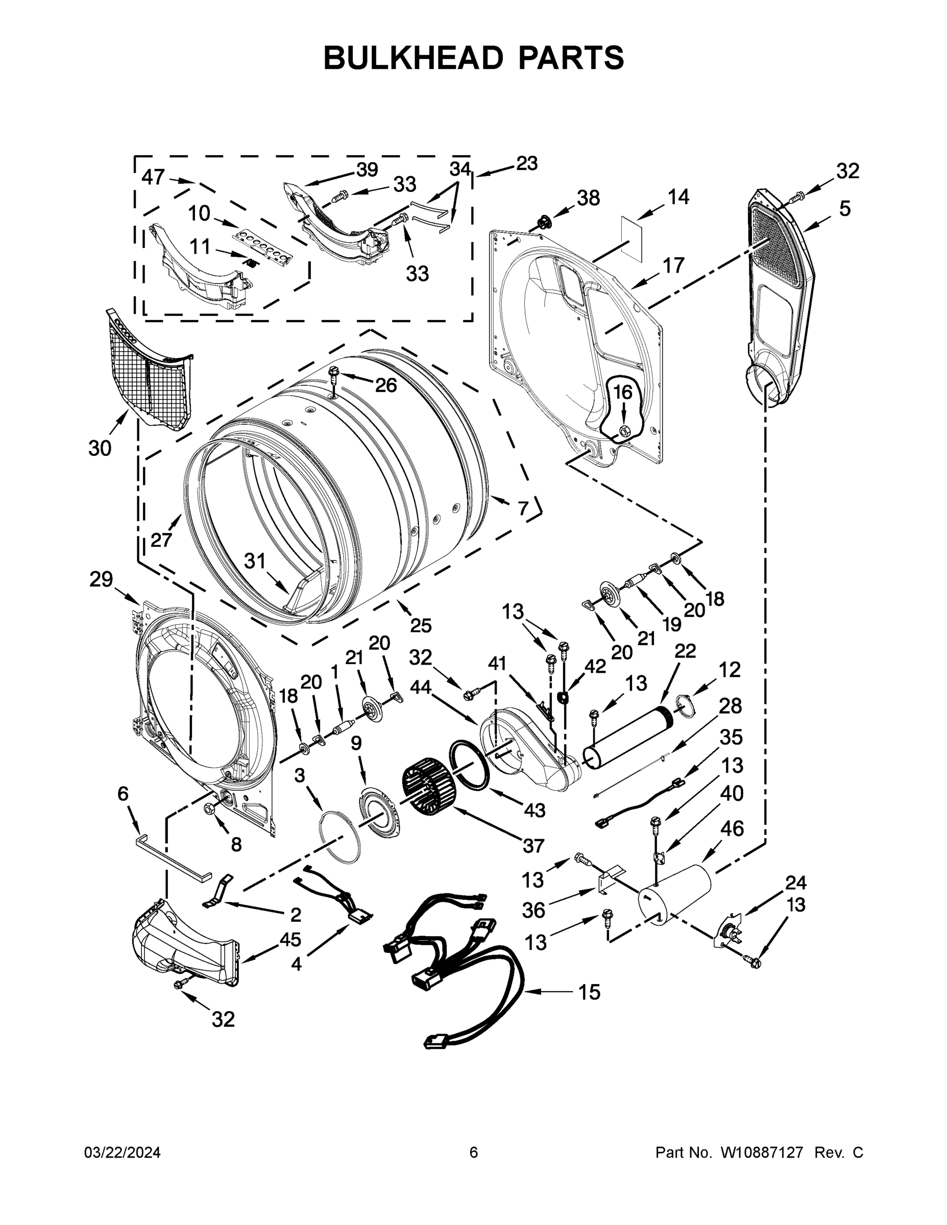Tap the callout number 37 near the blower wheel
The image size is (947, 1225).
533,845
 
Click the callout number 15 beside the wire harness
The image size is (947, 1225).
589,992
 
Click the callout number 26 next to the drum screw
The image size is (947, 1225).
385,385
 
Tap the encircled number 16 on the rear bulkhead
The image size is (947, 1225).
622,392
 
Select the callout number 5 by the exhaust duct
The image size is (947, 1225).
845,208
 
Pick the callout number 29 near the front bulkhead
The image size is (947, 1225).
101,579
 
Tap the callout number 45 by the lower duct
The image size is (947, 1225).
290,939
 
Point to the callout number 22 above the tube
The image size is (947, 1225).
685,651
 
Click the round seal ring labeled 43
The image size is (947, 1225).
469,766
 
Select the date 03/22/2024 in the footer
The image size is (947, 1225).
123,1153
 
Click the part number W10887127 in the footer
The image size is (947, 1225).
761,1153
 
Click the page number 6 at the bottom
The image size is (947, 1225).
474,1153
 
